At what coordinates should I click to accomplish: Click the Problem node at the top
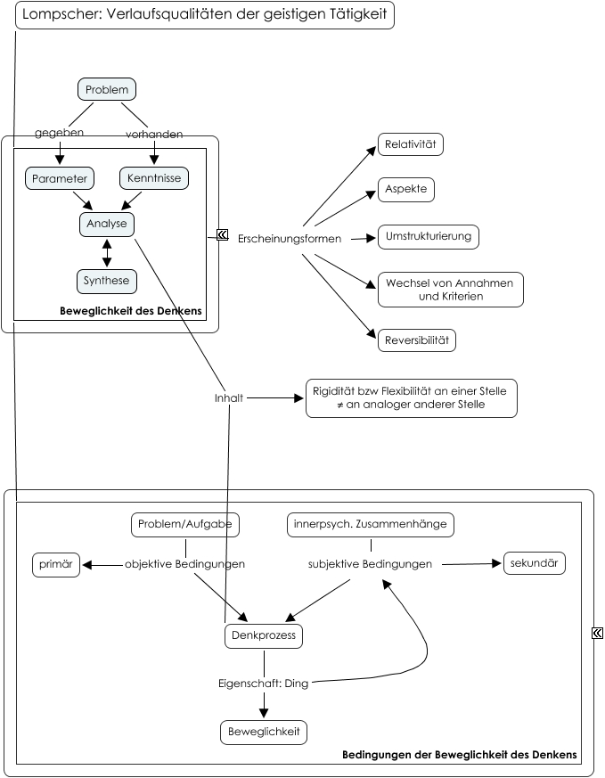point(107,89)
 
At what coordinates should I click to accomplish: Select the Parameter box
point(60,178)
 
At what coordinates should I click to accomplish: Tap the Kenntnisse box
point(154,177)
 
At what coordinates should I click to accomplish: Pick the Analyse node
point(107,225)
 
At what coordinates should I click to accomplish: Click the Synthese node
point(107,281)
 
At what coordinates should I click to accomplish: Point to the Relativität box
point(411,144)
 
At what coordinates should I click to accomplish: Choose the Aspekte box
point(406,190)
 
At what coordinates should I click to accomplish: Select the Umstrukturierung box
point(429,237)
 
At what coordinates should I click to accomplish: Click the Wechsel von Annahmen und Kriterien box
point(450,290)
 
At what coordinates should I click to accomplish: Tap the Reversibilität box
point(417,340)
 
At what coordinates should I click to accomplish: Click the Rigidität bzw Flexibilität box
point(411,398)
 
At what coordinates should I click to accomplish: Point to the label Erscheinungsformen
point(290,239)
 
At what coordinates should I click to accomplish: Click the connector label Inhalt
point(229,398)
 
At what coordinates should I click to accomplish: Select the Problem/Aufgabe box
point(185,524)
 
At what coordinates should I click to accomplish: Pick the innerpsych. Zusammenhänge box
point(371,524)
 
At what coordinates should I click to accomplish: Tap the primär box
point(56,565)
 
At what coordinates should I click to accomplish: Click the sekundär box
point(534,563)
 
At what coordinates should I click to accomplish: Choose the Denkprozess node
point(264,636)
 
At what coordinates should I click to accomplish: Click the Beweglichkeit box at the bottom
point(264,733)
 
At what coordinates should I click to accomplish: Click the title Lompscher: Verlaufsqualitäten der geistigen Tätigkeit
point(205,15)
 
